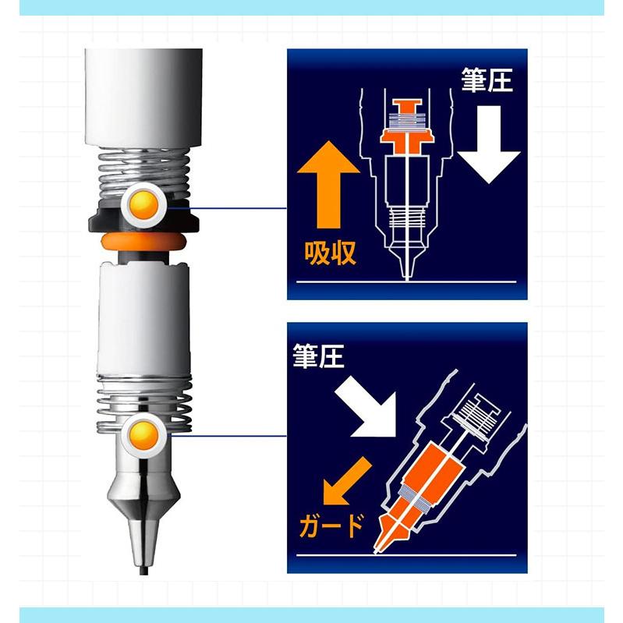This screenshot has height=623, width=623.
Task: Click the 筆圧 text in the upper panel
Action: point(487,80)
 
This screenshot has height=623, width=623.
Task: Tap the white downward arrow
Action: point(488,144)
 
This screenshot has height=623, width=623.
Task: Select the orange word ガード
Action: point(331,526)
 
